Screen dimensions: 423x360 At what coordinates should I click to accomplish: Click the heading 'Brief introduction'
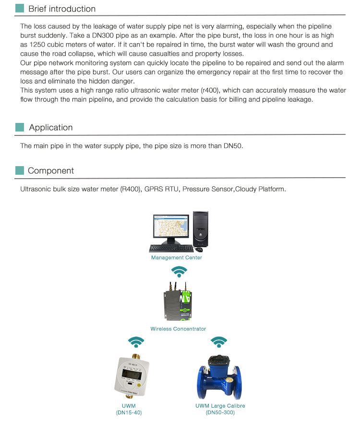(x=61, y=9)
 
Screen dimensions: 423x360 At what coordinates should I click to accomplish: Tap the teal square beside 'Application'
(x=20, y=127)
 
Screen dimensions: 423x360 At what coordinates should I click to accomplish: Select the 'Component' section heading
(x=51, y=170)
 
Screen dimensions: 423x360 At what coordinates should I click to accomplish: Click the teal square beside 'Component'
(x=20, y=170)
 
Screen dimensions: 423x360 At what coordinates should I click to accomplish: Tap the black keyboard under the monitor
(x=171, y=248)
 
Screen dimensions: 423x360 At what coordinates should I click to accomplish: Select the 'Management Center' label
(x=177, y=257)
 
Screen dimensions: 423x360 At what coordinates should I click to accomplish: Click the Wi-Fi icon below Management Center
(x=180, y=271)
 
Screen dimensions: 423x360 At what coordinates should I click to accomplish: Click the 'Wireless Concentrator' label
(x=178, y=329)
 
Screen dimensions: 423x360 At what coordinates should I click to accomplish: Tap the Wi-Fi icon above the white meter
(x=136, y=341)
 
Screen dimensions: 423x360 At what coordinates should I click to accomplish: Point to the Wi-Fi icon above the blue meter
(x=219, y=341)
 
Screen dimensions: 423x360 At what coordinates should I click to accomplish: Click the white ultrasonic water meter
(x=129, y=375)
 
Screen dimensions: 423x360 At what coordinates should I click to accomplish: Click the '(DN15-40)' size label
(x=129, y=412)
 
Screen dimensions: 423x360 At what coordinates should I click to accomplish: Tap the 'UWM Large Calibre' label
(x=220, y=406)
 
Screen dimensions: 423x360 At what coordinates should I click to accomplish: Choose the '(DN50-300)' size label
(x=220, y=412)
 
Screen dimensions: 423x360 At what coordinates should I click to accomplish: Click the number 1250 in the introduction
(x=37, y=45)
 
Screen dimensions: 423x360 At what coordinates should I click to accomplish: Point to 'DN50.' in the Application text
(x=233, y=145)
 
